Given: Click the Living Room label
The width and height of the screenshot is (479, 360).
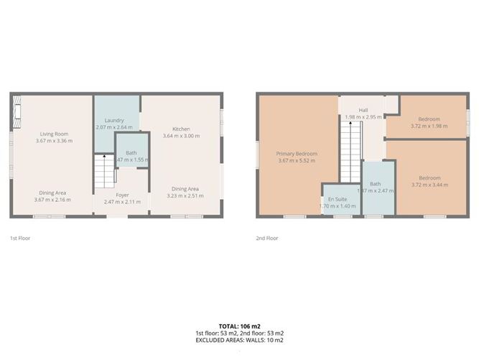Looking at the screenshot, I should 54,134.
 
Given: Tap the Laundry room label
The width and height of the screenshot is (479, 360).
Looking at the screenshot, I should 114,120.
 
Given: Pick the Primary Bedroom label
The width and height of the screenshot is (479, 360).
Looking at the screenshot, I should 297,154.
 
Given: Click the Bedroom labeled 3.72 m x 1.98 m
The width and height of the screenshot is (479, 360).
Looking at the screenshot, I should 429,119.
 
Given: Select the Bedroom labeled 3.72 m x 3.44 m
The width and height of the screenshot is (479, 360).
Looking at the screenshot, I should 429,178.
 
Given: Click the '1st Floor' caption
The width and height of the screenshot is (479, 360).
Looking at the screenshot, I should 19,237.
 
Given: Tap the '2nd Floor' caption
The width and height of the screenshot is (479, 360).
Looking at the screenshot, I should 266,237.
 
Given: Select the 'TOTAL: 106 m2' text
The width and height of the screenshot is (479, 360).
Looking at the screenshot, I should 239,327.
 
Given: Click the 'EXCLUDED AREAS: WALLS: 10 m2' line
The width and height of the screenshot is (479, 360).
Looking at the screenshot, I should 239,340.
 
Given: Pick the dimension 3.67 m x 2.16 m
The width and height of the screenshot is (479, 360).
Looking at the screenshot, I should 54,199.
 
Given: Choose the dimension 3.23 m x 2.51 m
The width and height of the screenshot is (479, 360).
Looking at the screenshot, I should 183,195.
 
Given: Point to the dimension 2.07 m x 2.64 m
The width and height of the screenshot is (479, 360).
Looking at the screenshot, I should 114,127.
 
